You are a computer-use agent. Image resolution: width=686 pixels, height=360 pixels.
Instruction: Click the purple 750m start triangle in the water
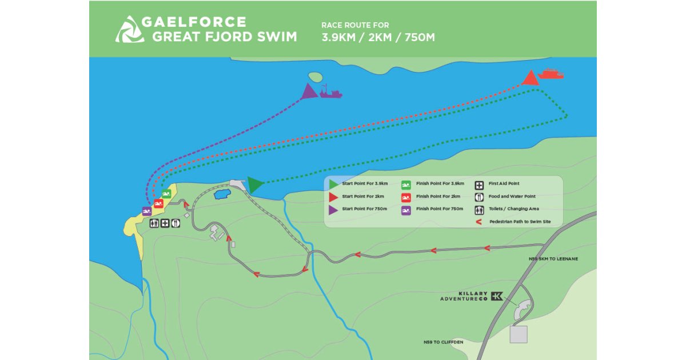(x=309, y=91)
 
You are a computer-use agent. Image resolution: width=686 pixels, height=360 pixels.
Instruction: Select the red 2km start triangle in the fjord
(x=530, y=78)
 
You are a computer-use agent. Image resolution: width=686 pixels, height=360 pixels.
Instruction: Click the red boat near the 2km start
(x=551, y=74)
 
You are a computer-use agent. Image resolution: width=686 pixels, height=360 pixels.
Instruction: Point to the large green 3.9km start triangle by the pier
(x=254, y=185)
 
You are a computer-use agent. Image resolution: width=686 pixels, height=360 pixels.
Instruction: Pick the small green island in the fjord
(x=314, y=76)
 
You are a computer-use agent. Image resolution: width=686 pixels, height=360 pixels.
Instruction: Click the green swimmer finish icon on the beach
(x=166, y=194)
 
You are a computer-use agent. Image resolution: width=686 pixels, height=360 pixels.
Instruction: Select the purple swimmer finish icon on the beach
(x=146, y=211)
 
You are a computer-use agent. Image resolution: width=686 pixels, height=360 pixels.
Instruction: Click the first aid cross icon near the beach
(x=165, y=223)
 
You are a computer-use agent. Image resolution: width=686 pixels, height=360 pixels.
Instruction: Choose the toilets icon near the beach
(x=154, y=223)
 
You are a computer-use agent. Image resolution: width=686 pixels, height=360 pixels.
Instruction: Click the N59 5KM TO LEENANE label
(x=553, y=259)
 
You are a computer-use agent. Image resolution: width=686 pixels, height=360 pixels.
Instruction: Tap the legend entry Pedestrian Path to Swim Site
(x=520, y=221)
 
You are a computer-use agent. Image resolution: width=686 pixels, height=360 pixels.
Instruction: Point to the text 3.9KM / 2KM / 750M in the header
(x=378, y=38)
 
